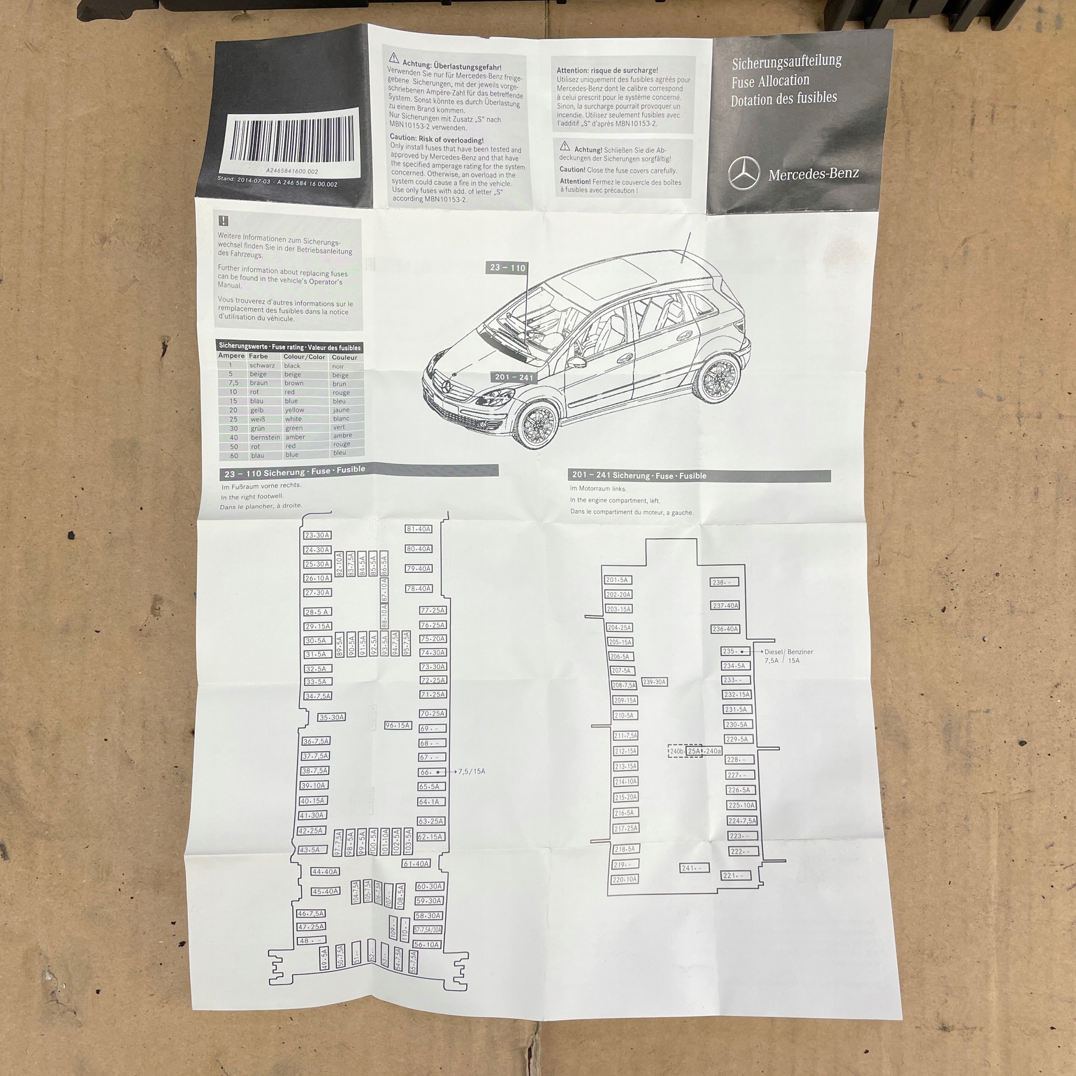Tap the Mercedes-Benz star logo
click(744, 173)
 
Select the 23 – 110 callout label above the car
click(507, 268)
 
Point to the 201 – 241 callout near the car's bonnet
click(514, 377)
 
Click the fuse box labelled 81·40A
click(418, 529)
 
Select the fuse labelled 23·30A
click(317, 535)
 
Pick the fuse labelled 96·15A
click(398, 725)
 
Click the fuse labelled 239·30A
click(654, 682)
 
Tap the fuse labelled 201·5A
click(617, 580)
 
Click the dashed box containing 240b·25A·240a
click(695, 751)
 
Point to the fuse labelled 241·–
click(694, 868)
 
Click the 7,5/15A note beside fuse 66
click(471, 771)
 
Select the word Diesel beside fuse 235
click(773, 651)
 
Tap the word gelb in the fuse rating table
click(257, 410)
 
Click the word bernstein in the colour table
click(265, 437)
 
